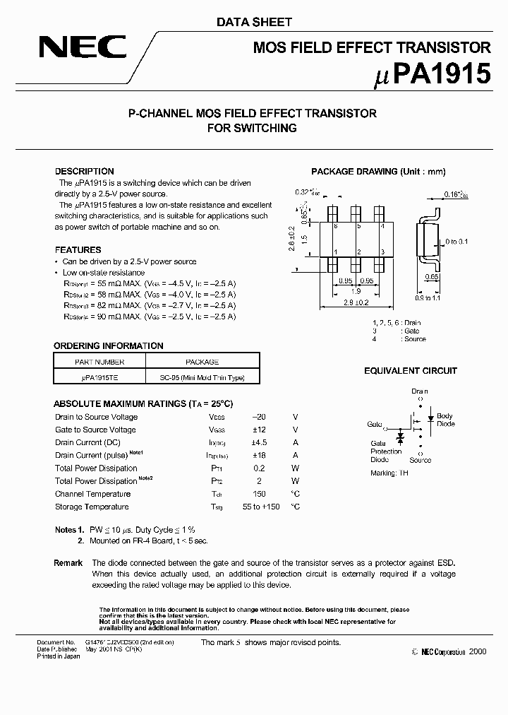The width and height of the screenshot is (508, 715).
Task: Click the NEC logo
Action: click(x=83, y=47)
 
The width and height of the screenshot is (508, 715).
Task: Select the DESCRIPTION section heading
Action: click(x=84, y=172)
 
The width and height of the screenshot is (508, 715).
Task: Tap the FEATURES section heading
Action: click(x=78, y=250)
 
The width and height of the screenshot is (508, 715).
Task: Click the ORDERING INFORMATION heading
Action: click(x=108, y=346)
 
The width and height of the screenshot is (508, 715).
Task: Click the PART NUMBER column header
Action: click(x=99, y=362)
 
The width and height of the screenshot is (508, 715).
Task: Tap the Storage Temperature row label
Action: click(x=92, y=507)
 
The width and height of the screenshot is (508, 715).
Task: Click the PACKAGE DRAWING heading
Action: click(x=378, y=172)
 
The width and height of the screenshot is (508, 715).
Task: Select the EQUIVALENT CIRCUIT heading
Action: click(x=410, y=371)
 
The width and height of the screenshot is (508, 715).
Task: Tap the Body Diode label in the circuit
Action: click(x=445, y=420)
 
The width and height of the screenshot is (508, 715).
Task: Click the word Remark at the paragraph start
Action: click(x=68, y=563)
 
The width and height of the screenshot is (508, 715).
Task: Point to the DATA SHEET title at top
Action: click(x=253, y=23)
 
